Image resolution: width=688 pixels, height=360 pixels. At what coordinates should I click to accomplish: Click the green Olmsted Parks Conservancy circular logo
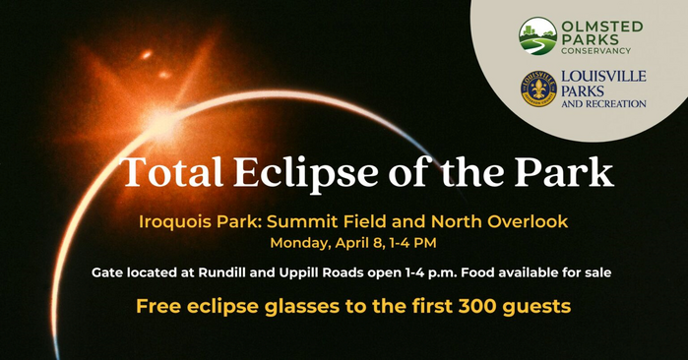point(537,36)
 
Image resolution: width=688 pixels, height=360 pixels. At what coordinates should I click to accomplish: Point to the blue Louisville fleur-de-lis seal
point(538,89)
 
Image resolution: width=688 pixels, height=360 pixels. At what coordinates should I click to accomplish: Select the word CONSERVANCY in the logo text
point(603,51)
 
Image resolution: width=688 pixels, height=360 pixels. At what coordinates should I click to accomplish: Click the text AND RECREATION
point(603,102)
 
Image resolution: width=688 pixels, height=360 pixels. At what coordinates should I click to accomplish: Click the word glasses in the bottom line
point(302,307)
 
